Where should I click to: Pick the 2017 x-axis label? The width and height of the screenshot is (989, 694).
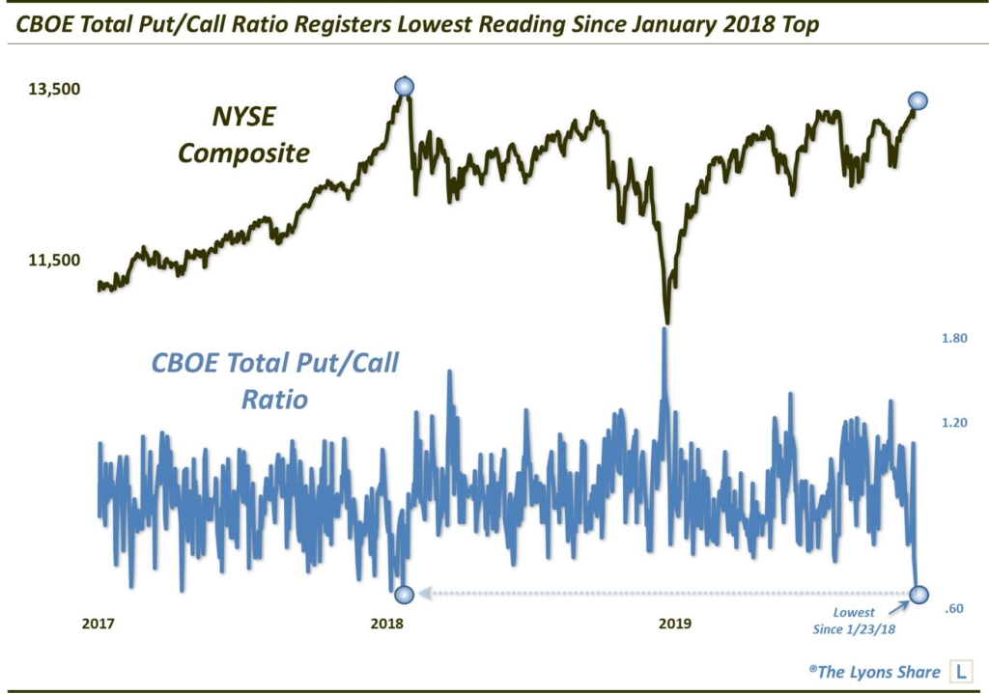pos(99,624)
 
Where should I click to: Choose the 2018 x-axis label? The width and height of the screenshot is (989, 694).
pos(387,624)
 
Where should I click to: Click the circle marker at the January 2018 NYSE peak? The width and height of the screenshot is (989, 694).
pos(405,87)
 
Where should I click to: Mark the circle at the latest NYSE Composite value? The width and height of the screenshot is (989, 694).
pos(918,100)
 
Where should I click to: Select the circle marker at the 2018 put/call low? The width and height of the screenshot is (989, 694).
pos(405,594)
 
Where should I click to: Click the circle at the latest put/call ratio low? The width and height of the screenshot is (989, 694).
pos(919,594)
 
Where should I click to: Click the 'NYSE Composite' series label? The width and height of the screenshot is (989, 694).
pos(244,136)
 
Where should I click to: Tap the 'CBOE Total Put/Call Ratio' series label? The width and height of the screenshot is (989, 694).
pos(275,379)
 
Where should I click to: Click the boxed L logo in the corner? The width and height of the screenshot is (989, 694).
pos(962,672)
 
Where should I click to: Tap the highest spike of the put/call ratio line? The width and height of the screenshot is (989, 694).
pos(664,330)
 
